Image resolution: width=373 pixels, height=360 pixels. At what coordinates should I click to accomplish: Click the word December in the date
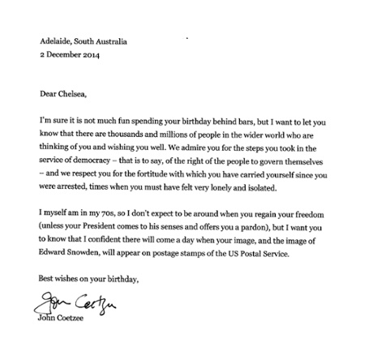click(66, 54)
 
